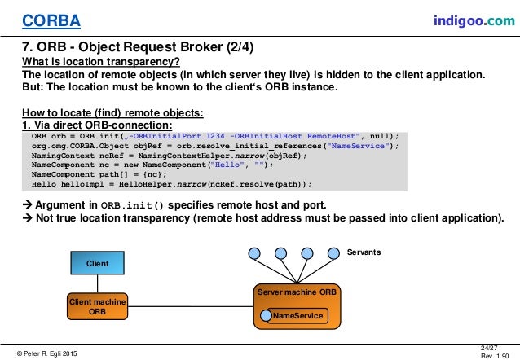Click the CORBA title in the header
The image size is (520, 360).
38,19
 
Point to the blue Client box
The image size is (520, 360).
97,263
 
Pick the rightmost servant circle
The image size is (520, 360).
333,252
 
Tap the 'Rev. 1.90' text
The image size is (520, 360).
494,356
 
